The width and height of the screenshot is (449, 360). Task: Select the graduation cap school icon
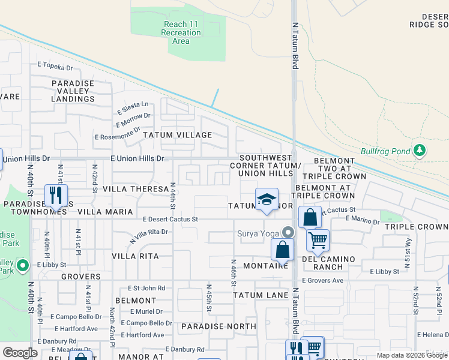pyautogui.click(x=265, y=200)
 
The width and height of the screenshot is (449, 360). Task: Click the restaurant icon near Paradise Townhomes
pyautogui.click(x=56, y=195)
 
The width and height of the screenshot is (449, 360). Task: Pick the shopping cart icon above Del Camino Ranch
pyautogui.click(x=318, y=241)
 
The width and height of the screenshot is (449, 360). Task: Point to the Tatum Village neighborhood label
pyautogui.click(x=177, y=135)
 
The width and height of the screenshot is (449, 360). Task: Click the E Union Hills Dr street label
pyautogui.click(x=137, y=158)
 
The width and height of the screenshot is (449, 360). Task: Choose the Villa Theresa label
pyautogui.click(x=136, y=188)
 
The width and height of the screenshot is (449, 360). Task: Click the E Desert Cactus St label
pyautogui.click(x=170, y=220)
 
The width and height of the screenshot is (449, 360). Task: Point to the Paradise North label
pyautogui.click(x=218, y=326)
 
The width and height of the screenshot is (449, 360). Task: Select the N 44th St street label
pyautogui.click(x=173, y=196)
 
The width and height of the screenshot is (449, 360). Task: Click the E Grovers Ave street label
pyautogui.click(x=322, y=280)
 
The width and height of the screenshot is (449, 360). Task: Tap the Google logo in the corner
pyautogui.click(x=20, y=353)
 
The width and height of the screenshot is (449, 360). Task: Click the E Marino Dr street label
pyautogui.click(x=363, y=221)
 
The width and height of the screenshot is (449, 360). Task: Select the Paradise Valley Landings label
pyautogui.click(x=73, y=91)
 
